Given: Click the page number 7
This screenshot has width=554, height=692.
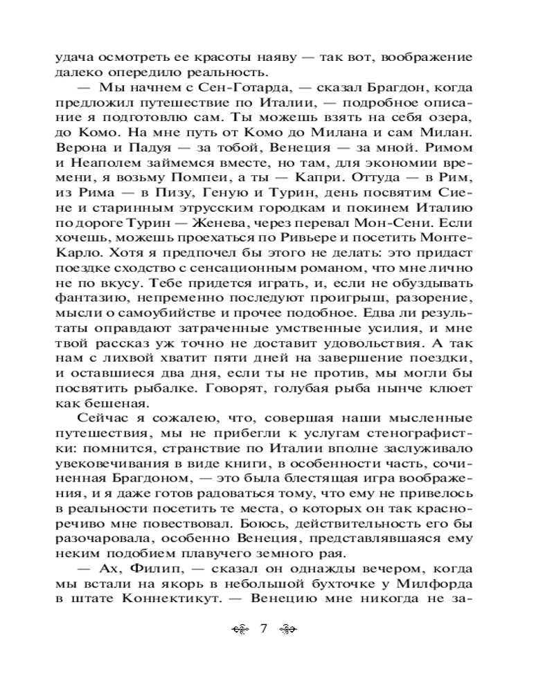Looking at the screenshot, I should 263,628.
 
